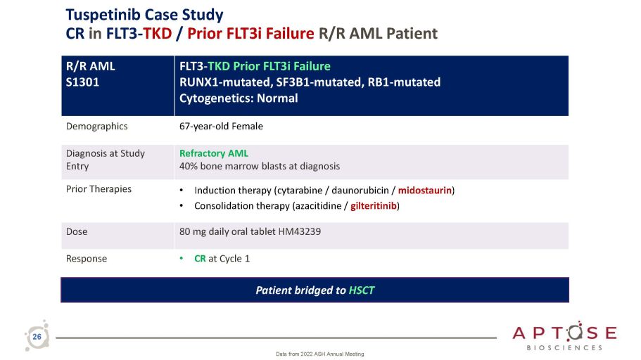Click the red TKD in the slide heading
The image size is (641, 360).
[158, 34]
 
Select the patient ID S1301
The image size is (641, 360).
[82, 82]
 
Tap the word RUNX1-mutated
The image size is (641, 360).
[225, 82]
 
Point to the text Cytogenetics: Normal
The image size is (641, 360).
[239, 98]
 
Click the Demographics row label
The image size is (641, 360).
[97, 127]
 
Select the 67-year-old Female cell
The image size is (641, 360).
[221, 127]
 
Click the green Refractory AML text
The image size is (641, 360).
[214, 153]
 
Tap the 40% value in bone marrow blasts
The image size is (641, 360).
[188, 166]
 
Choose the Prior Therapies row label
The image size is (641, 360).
[99, 188]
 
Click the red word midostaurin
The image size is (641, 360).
[425, 191]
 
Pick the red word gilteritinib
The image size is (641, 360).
[374, 205]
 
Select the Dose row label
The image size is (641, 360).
[77, 231]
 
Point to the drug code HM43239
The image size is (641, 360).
[300, 231]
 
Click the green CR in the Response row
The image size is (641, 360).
[200, 259]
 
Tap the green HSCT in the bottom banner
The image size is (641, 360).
[362, 290]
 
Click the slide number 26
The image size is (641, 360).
[37, 337]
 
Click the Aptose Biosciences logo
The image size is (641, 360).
[564, 335]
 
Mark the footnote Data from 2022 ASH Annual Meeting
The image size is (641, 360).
[319, 354]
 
